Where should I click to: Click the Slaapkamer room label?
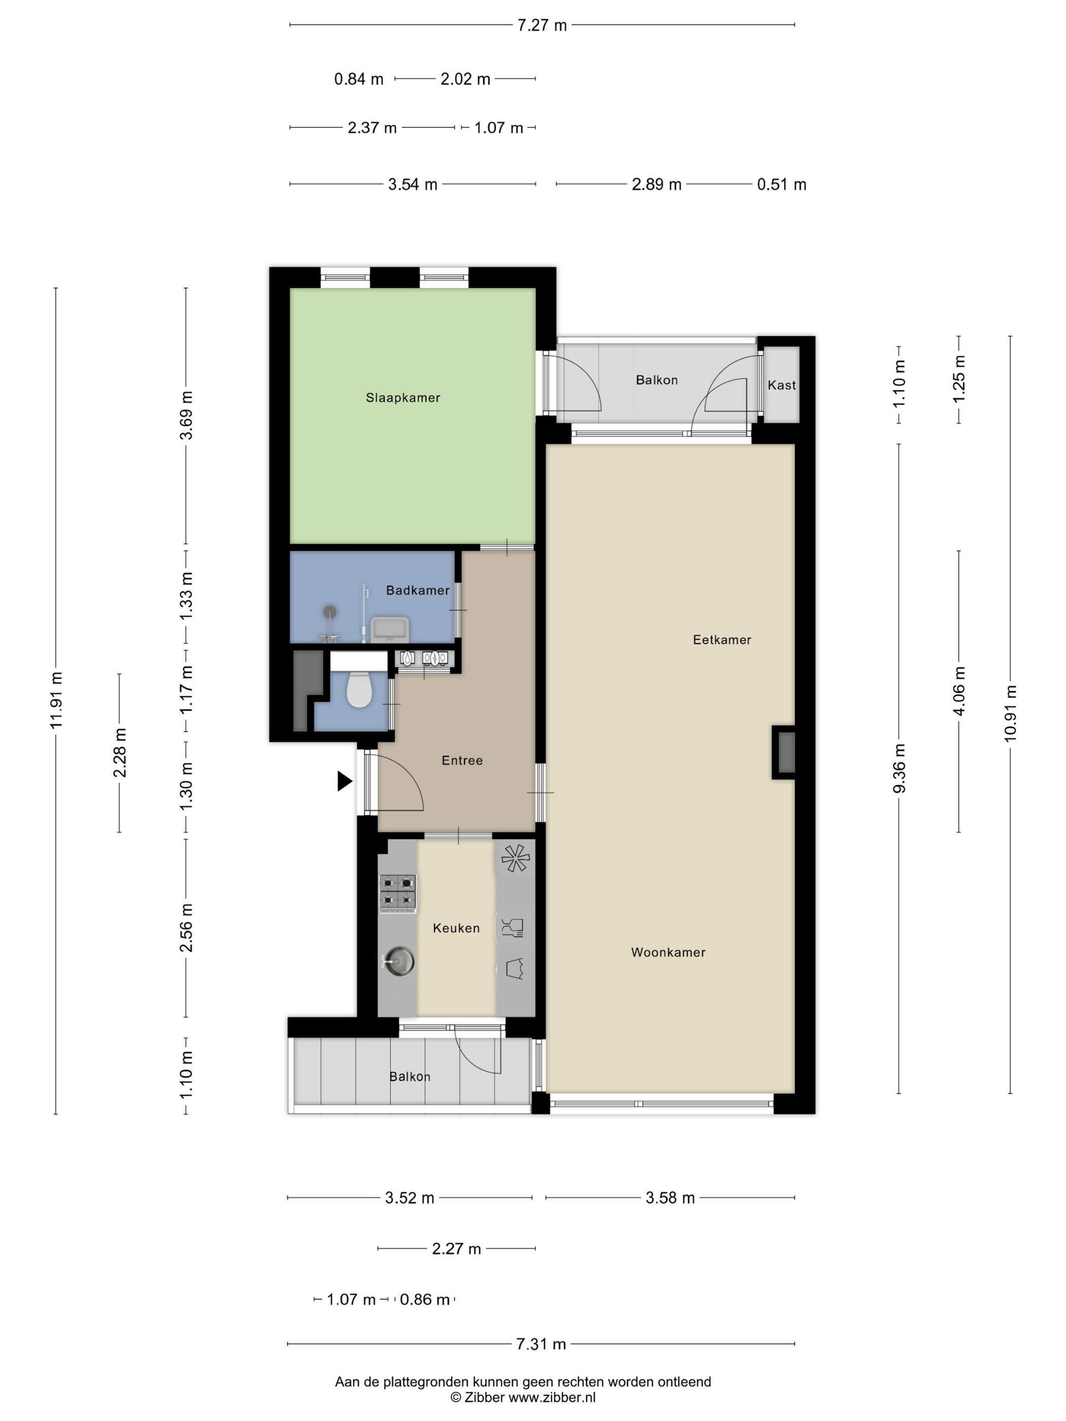coord(403,398)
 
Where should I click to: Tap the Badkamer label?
coord(418,590)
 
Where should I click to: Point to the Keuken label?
coord(456,928)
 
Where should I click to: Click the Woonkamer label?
coord(668,952)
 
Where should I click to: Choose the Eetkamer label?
coord(722,639)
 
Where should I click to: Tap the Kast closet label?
coord(781,385)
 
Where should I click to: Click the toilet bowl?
coord(359,689)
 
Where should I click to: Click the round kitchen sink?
coord(398,962)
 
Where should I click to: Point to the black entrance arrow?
coord(345,781)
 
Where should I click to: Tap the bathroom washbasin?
coord(389,628)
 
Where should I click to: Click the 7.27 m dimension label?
coord(542,25)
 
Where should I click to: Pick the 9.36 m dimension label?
coord(900,768)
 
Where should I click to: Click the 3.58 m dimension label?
coord(670,1197)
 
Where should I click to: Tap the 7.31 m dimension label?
coord(541,1344)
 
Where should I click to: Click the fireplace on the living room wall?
coord(783,752)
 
